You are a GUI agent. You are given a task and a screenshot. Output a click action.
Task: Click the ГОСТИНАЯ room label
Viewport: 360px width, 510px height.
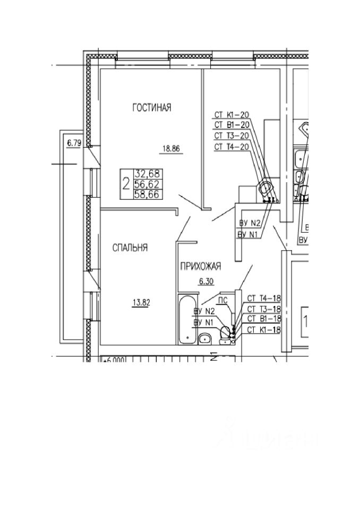click(x=152, y=108)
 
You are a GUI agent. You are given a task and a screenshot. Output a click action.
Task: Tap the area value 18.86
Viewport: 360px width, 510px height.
click(x=171, y=149)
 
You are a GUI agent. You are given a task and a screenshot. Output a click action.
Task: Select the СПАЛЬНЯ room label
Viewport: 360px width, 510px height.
click(x=130, y=248)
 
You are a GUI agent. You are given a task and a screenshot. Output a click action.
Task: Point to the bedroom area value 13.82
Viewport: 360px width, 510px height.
click(x=140, y=303)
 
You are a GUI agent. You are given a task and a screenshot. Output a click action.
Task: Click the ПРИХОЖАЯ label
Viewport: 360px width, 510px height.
click(x=200, y=267)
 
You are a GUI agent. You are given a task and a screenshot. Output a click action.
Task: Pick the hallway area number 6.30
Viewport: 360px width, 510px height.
click(x=204, y=282)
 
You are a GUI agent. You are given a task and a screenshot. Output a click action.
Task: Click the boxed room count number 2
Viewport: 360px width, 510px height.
click(x=126, y=184)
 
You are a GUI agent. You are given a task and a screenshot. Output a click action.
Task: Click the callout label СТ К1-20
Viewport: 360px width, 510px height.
click(x=232, y=114)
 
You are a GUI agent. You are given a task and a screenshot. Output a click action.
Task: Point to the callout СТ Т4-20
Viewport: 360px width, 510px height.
click(x=232, y=147)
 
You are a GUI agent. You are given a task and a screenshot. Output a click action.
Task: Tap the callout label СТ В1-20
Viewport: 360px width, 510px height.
click(x=232, y=125)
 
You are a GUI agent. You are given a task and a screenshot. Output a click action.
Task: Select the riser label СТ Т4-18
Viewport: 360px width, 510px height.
click(x=264, y=299)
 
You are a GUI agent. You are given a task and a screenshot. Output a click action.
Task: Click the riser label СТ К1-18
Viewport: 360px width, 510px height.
click(x=264, y=330)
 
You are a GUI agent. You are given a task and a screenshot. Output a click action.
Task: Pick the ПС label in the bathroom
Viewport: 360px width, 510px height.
click(x=223, y=300)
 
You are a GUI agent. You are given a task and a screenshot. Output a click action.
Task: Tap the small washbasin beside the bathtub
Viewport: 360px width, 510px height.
click(x=205, y=338)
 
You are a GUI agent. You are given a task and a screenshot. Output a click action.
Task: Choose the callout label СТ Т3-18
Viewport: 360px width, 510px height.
click(x=264, y=309)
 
